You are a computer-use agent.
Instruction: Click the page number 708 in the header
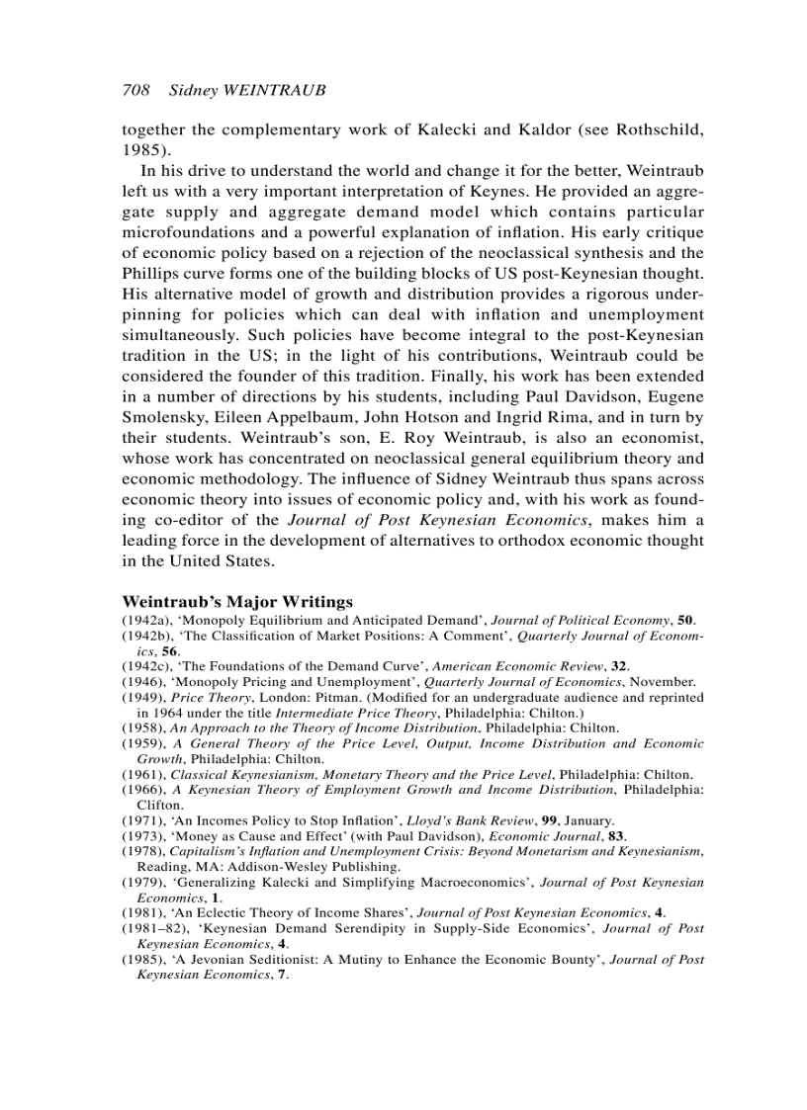point(135,90)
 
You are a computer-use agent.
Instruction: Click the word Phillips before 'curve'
point(152,273)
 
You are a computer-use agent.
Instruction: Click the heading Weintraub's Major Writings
point(237,601)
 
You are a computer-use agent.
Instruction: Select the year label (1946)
point(143,681)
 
